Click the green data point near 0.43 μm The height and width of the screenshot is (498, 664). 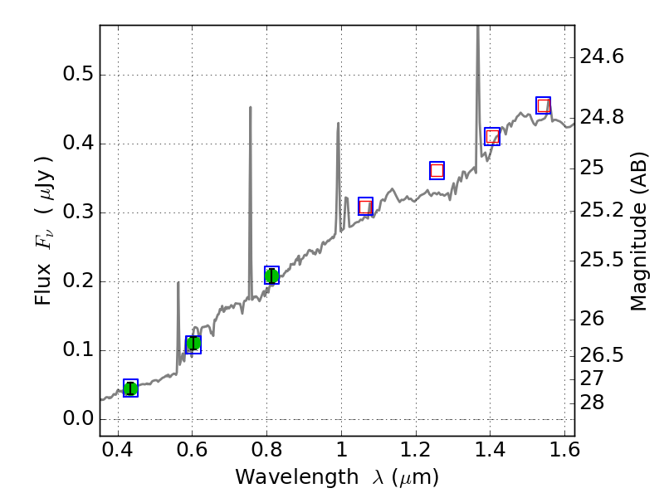point(130,388)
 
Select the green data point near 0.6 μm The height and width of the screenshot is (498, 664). point(193,344)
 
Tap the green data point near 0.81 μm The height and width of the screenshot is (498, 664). point(271,276)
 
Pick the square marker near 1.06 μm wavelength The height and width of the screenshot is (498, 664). point(365,207)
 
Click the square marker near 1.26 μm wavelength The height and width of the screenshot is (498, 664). point(437,170)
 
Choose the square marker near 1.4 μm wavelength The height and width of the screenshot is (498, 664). point(492,137)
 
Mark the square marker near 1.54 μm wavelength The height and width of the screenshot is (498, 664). point(544,105)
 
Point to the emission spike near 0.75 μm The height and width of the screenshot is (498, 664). point(251,108)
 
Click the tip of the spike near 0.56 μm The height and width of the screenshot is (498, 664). point(178,283)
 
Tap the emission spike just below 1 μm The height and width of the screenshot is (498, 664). point(338,124)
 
